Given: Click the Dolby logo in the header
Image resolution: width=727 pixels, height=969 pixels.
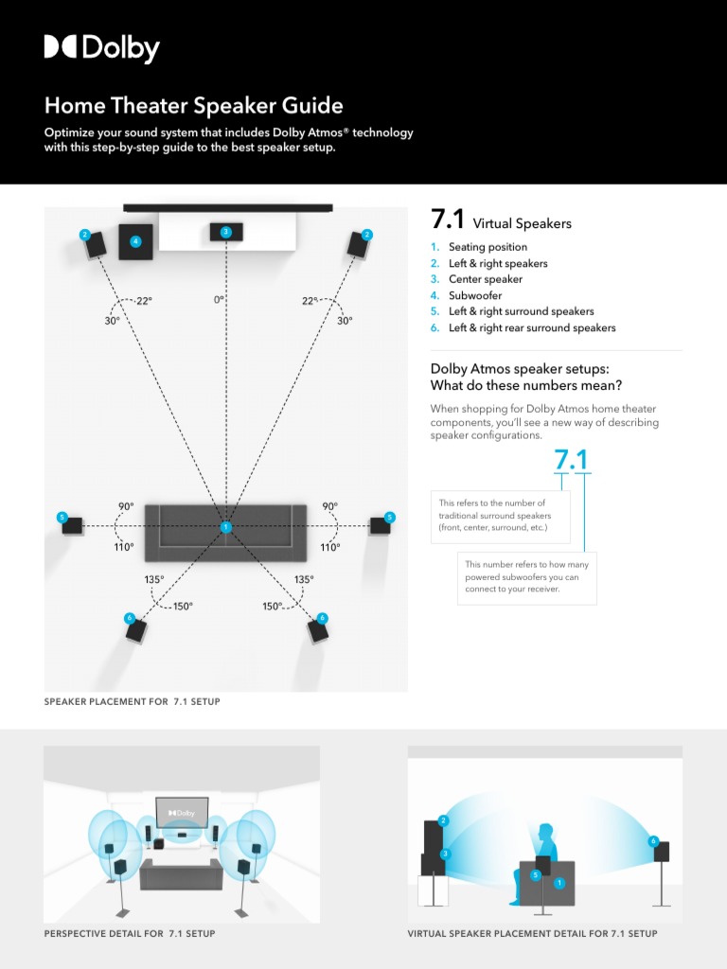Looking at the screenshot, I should click(x=101, y=48).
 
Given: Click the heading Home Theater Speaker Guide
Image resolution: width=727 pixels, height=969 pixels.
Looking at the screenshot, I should click(x=193, y=105).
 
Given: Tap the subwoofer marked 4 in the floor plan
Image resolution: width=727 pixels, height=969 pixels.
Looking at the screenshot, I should click(x=135, y=242).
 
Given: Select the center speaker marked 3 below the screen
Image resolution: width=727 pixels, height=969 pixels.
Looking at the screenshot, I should click(x=225, y=232).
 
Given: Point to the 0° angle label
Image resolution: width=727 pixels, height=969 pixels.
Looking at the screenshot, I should click(x=220, y=300).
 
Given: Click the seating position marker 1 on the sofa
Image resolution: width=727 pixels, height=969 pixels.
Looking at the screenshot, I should click(x=225, y=526).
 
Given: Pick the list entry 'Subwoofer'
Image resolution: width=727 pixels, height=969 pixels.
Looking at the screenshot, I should click(x=474, y=295).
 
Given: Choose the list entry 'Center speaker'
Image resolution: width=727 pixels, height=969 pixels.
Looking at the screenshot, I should click(x=485, y=279).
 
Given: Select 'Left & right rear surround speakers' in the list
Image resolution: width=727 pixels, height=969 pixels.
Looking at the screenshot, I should click(x=531, y=327).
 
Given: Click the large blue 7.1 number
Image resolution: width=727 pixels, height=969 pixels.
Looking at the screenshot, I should click(x=571, y=460).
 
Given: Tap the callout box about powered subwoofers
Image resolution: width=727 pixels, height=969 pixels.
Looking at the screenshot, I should click(x=526, y=577).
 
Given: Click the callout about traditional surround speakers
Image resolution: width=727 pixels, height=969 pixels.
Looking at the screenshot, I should click(x=500, y=516).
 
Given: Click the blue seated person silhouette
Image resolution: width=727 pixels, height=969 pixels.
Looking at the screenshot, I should click(x=543, y=861).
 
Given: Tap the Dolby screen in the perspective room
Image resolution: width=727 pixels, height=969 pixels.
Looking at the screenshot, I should click(x=181, y=813).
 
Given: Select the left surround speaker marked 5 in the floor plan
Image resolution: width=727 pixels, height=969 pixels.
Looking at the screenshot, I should click(x=73, y=524).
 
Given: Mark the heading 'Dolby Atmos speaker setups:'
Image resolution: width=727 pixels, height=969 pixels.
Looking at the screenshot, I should click(x=520, y=369).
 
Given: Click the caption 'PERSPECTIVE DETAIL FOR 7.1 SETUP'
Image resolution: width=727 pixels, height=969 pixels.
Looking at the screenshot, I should click(x=130, y=934).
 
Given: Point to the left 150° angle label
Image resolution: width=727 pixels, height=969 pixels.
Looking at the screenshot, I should click(x=182, y=607).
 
